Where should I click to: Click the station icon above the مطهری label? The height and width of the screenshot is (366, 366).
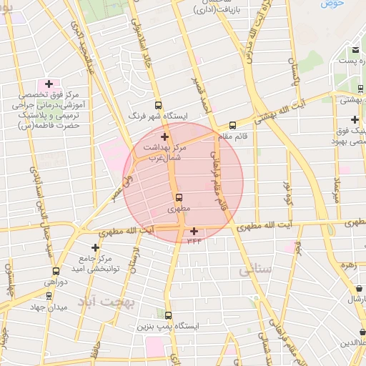[x=178, y=197]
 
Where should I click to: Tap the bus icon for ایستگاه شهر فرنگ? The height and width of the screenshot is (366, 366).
[x=158, y=104]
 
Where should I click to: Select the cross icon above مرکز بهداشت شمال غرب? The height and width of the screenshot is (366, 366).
[x=165, y=136]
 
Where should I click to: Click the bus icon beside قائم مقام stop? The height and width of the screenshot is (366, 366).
[x=232, y=125]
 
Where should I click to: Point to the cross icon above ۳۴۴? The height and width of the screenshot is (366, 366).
[x=194, y=231]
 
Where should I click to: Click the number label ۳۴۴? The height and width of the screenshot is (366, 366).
[x=194, y=241]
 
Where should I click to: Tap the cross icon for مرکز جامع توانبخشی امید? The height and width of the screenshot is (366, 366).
[x=95, y=247]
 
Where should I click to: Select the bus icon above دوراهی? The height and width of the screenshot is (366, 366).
[x=56, y=272]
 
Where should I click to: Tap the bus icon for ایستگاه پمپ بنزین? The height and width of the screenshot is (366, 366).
[x=169, y=315]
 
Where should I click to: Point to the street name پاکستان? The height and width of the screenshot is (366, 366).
[x=292, y=71]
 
